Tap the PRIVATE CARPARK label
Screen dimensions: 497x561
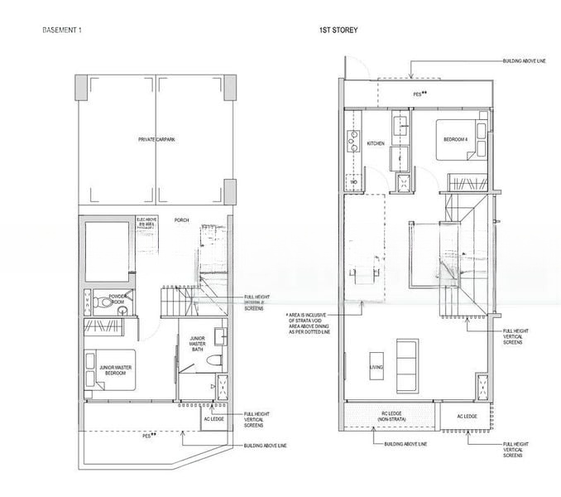pyautogui.click(x=156, y=140)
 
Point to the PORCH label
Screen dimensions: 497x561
pyautogui.click(x=181, y=220)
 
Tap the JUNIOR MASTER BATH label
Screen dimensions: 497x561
pyautogui.click(x=197, y=344)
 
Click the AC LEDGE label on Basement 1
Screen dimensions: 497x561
pyautogui.click(x=213, y=419)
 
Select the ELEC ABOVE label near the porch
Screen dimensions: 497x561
pyautogui.click(x=146, y=221)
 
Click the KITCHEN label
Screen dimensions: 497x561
pyautogui.click(x=376, y=143)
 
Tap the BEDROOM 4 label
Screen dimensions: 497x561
pyautogui.click(x=455, y=140)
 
